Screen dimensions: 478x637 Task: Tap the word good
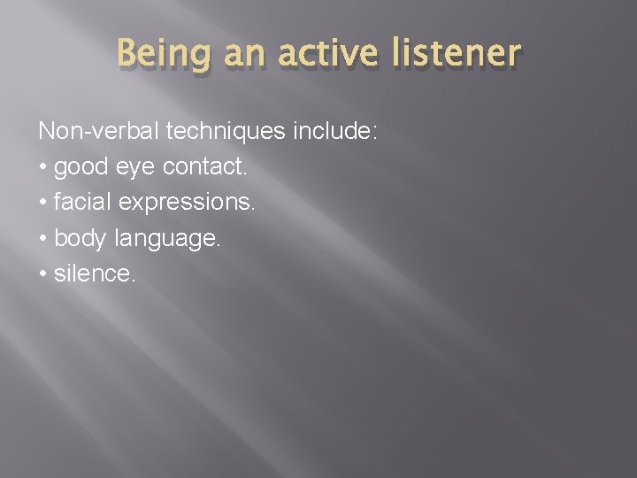pos(81,168)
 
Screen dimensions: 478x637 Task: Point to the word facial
pos(80,204)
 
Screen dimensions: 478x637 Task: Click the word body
pos(80,239)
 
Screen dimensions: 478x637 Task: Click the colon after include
pos(375,133)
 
